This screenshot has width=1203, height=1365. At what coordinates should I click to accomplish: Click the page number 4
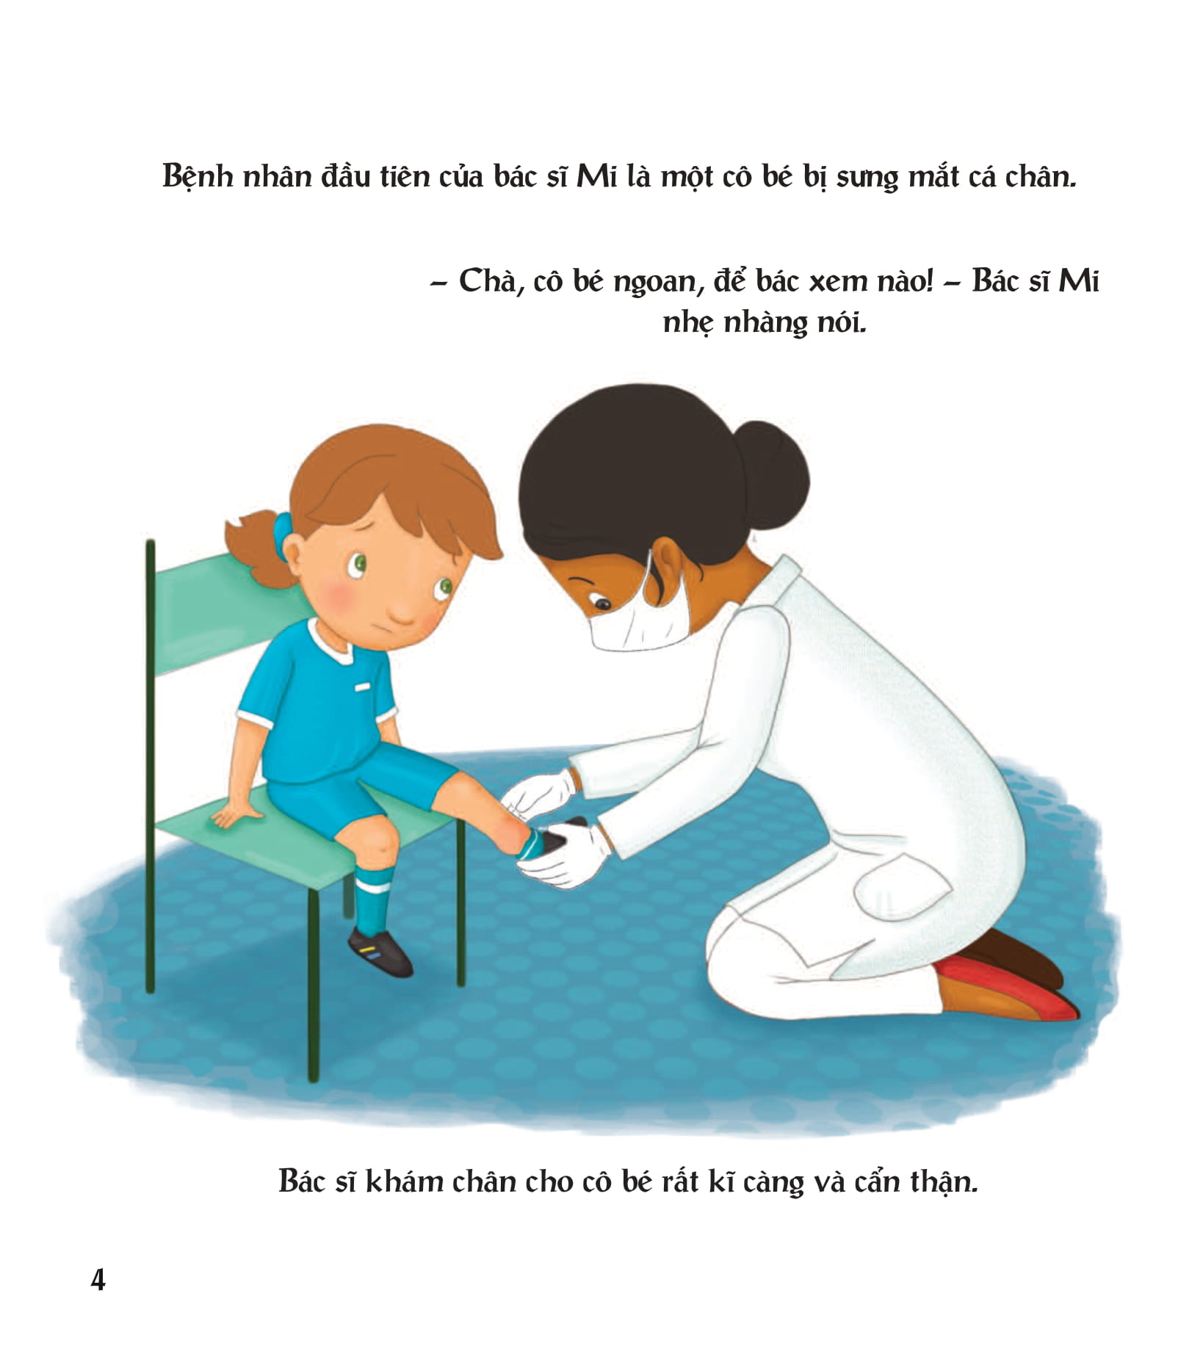tap(98, 1280)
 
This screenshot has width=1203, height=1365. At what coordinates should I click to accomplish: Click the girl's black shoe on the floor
tap(380, 952)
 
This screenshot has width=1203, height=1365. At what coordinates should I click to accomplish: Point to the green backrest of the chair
tap(220, 617)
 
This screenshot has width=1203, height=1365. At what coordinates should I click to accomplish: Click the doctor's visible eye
tap(602, 604)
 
